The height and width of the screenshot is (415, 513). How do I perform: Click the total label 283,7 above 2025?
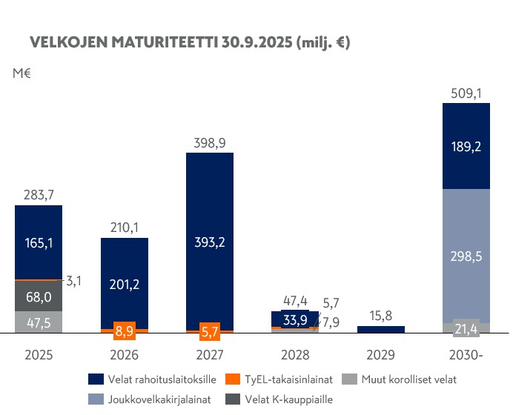pos(38,196)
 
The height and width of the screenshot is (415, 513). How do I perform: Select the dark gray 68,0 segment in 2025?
pos(38,296)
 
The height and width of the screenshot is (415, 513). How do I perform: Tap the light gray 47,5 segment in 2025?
pos(38,322)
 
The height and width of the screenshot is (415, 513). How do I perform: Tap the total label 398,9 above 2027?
pos(210,142)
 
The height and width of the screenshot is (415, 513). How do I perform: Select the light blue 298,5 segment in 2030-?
pos(466,256)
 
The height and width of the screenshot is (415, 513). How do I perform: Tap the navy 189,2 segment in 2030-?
pos(466,147)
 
